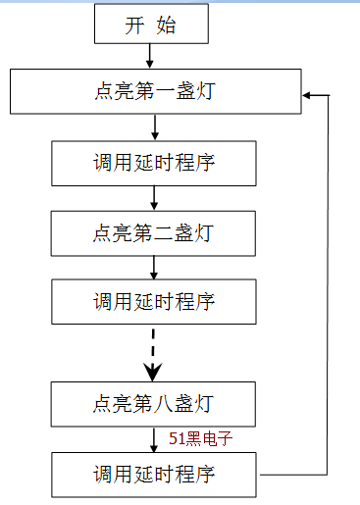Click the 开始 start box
(x=151, y=25)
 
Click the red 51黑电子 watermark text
(x=200, y=438)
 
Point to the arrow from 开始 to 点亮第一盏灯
(x=151, y=56)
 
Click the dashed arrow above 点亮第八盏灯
(x=153, y=352)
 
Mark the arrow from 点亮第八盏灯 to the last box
(x=154, y=438)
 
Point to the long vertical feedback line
(x=331, y=284)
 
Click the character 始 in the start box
(x=167, y=25)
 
